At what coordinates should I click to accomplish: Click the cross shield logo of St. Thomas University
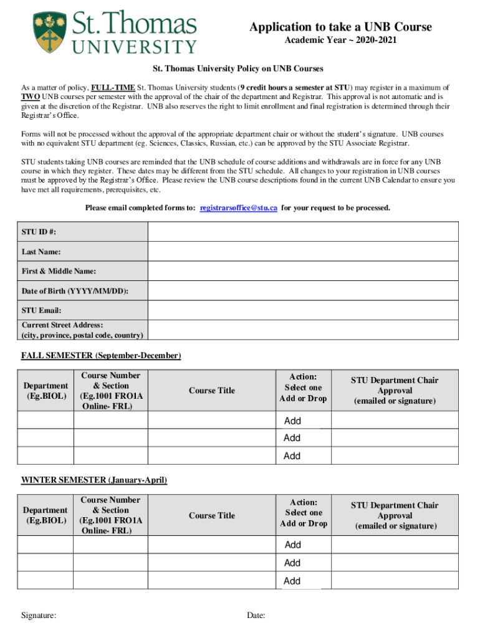tap(47, 32)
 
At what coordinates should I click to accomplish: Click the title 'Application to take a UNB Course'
tap(340, 27)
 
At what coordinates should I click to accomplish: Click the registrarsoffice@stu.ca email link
tap(238, 207)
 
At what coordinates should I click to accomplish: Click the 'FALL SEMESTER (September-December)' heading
tap(101, 356)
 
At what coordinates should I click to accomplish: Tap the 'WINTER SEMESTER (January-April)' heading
tap(94, 480)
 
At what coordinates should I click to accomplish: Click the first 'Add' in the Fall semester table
tap(292, 421)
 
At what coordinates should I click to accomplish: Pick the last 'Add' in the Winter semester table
tap(292, 581)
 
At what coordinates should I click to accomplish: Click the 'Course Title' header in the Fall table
tap(212, 391)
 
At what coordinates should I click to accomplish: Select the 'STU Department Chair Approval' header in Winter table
tap(395, 516)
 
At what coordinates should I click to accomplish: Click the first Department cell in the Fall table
tap(46, 421)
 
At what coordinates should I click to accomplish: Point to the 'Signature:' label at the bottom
tap(39, 616)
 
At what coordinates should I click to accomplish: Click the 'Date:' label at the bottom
tap(256, 616)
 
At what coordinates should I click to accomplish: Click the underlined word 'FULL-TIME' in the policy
tap(113, 88)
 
